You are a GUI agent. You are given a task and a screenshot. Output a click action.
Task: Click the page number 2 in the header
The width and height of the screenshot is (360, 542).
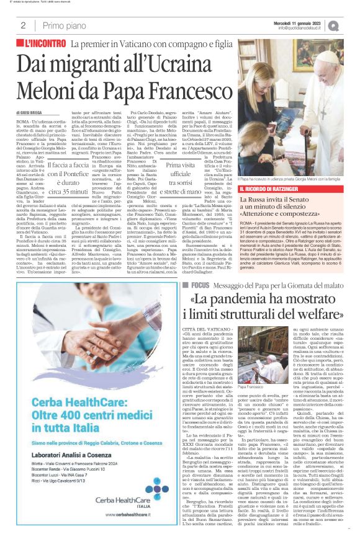tap(22, 25)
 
